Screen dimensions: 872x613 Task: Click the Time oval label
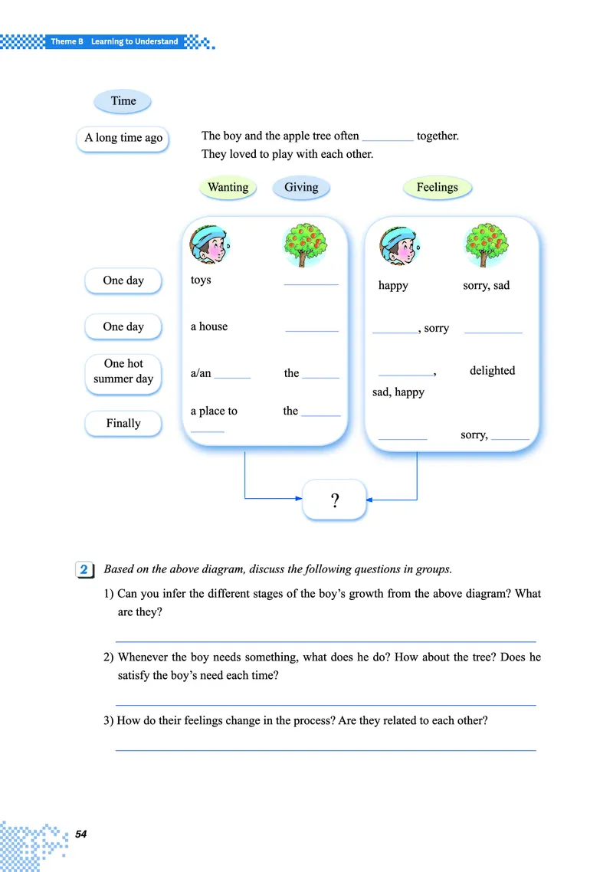click(123, 101)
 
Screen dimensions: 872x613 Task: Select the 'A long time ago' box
click(123, 139)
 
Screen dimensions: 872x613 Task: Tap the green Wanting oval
click(228, 188)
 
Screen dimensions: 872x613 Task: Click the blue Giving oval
click(301, 188)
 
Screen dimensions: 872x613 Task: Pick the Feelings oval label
click(437, 188)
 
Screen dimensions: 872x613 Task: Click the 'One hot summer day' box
click(123, 372)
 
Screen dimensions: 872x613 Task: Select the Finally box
click(123, 423)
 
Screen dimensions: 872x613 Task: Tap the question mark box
click(335, 501)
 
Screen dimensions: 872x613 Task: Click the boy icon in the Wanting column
click(209, 245)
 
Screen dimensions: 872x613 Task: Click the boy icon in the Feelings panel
click(400, 245)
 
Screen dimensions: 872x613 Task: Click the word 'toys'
click(201, 280)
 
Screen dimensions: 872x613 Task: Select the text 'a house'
click(209, 327)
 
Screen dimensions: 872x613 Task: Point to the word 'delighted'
click(492, 371)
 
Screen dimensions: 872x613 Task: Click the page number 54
click(81, 834)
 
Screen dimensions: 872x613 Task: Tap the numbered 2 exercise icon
click(84, 570)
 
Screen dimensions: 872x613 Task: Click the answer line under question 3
click(325, 749)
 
